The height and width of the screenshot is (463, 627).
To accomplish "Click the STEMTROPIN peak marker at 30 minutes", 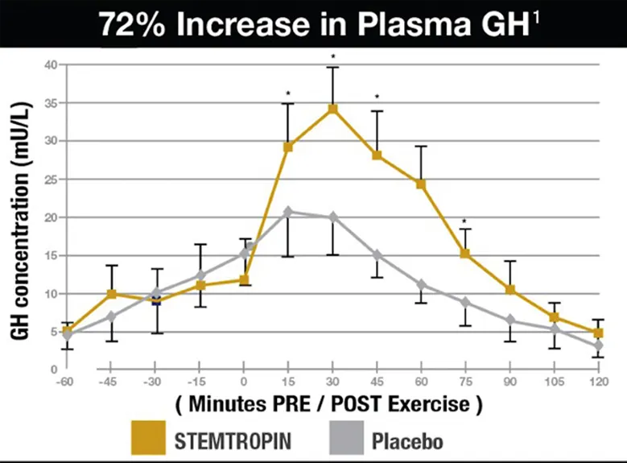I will pyautogui.click(x=332, y=108).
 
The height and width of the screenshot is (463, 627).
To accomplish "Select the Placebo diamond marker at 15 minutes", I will pyautogui.click(x=288, y=212).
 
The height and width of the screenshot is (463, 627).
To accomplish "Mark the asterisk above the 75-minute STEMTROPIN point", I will pyautogui.click(x=464, y=221).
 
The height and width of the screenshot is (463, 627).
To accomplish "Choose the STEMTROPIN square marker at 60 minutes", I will pyautogui.click(x=421, y=184).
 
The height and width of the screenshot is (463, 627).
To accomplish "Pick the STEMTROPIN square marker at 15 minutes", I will pyautogui.click(x=288, y=147).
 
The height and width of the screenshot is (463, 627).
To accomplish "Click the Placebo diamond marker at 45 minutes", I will pyautogui.click(x=377, y=254).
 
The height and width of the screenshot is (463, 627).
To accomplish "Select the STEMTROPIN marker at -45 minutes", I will pyautogui.click(x=112, y=294).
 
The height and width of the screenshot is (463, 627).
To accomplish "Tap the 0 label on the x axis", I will pyautogui.click(x=244, y=383).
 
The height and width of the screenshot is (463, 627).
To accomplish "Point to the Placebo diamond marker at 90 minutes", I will pyautogui.click(x=509, y=320).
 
